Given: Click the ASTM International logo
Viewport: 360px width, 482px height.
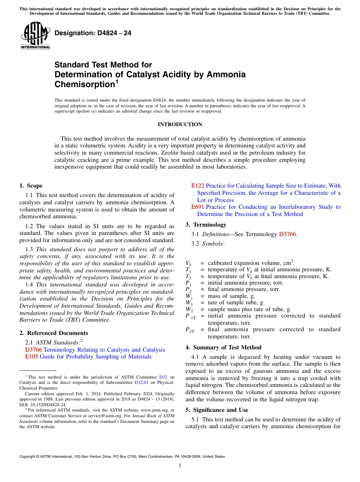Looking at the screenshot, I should click(35, 36).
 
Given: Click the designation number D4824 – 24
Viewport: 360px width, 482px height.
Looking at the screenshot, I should click(93, 33).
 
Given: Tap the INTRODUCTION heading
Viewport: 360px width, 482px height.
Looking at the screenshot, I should click(180, 125).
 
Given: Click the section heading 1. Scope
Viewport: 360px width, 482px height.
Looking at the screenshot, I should click(31, 186).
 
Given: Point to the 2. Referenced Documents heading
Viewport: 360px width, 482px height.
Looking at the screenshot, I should click(54, 333).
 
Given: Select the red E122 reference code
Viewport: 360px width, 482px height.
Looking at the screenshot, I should click(198, 186).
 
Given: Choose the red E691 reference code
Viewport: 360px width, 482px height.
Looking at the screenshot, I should click(198, 207).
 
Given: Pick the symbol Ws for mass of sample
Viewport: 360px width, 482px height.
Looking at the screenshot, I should click(188, 296).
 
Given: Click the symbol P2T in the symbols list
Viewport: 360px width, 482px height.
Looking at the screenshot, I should click(190, 330).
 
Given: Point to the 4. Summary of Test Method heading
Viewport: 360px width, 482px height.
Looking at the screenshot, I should click(223, 347).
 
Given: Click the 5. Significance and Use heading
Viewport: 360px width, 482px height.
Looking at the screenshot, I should click(217, 410).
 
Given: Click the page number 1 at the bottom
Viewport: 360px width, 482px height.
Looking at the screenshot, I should click(180, 466).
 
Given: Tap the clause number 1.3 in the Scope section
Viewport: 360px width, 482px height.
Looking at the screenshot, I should click(29, 249).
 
